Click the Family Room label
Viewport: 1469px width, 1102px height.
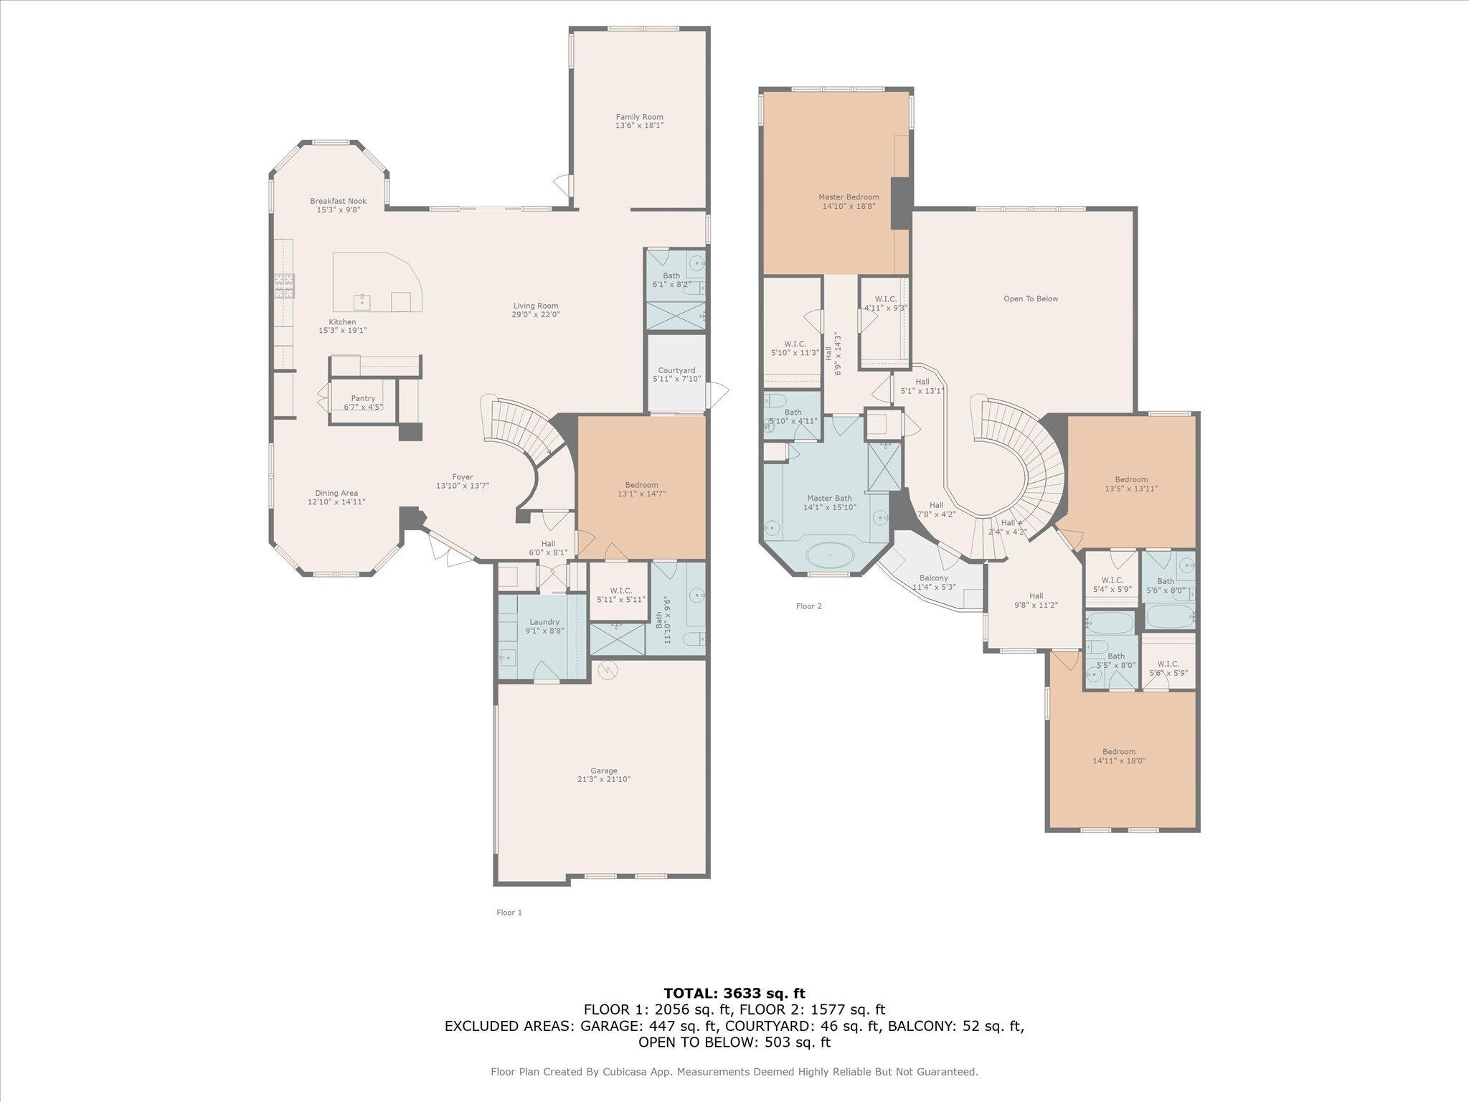click(639, 117)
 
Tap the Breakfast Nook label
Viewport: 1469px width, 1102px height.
click(338, 202)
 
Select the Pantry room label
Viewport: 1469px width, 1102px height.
click(363, 399)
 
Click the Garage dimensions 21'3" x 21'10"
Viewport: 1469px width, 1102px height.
click(604, 779)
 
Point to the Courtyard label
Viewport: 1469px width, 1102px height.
click(676, 371)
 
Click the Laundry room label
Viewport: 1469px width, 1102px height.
click(544, 622)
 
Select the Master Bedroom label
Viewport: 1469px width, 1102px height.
click(849, 197)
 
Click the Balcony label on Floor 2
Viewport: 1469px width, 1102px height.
click(933, 578)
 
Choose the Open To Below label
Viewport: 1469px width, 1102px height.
click(1031, 299)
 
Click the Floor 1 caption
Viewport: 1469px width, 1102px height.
click(509, 913)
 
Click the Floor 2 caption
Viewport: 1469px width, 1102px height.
click(808, 606)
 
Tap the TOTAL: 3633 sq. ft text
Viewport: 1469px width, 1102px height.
click(734, 994)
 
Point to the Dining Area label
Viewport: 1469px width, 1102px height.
click(336, 494)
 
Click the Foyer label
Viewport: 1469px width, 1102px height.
click(462, 477)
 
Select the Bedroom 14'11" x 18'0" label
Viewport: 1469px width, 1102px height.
click(1119, 756)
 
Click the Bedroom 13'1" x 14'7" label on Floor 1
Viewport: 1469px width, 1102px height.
click(641, 486)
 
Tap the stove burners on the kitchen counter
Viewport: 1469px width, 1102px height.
click(284, 286)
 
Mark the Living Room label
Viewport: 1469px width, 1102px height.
click(535, 306)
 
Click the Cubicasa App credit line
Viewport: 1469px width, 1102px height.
click(734, 1072)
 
